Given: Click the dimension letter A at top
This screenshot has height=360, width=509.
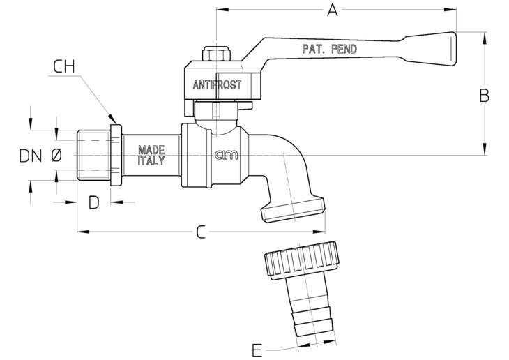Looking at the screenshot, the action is click(332, 10).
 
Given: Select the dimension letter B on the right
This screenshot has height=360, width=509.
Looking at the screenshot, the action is click(485, 96).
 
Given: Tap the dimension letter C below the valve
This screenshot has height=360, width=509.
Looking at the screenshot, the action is click(201, 232).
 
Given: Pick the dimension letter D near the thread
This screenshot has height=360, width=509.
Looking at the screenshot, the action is click(94, 202).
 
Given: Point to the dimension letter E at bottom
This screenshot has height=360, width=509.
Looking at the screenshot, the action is click(257, 350).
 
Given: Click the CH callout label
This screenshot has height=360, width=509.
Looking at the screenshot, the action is click(64, 66).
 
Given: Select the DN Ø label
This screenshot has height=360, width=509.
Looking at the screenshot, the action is click(40, 156).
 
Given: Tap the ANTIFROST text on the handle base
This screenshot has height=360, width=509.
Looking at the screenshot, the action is click(217, 85).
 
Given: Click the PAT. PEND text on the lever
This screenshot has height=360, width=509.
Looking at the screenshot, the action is click(330, 49).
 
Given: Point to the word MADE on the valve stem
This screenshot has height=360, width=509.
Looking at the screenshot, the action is click(151, 150).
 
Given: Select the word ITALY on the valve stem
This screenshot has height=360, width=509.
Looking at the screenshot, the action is click(151, 160).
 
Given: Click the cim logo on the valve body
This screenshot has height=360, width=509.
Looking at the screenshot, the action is click(226, 156).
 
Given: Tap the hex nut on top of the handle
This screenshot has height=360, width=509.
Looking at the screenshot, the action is click(217, 54).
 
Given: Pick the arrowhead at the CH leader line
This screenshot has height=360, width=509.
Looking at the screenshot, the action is click(112, 119).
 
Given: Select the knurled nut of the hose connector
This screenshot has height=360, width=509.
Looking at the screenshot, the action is click(302, 260).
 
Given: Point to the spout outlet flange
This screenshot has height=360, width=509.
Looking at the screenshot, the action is click(293, 210).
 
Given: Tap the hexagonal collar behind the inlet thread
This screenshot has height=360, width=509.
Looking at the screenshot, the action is click(116, 156).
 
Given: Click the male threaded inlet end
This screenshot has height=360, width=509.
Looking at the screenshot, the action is click(94, 155).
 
